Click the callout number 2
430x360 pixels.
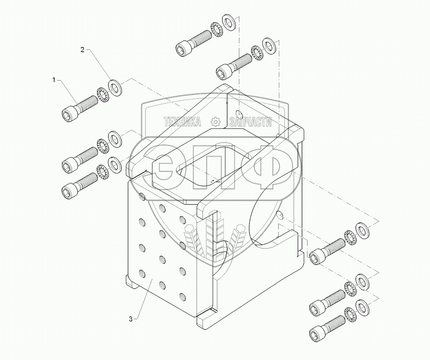(x=82, y=49)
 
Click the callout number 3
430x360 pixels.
(x=131, y=319)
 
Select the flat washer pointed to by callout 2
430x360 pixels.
(x=115, y=88)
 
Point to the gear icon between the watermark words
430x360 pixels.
(x=215, y=121)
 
